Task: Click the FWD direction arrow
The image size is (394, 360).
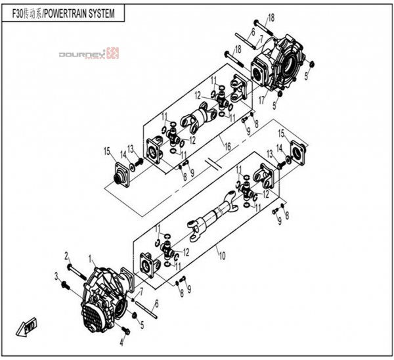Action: [26, 326]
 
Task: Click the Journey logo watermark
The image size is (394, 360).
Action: [89, 54]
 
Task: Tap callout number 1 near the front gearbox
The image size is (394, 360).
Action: [90, 258]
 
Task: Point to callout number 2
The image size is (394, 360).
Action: [66, 256]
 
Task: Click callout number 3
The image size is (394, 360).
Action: [56, 277]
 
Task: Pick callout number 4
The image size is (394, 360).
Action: [121, 342]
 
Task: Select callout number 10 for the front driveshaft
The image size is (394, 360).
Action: [222, 256]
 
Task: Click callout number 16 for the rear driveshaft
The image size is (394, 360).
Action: [227, 146]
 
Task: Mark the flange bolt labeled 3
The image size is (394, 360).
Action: [66, 286]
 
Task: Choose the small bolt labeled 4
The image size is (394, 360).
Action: [125, 331]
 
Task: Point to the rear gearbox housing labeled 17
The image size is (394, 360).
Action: [278, 63]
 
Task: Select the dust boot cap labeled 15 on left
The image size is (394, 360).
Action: [121, 175]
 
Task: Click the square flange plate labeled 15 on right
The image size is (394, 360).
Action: [298, 153]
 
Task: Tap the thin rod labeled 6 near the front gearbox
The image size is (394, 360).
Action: [146, 309]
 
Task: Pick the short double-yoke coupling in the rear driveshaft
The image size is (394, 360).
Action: [198, 118]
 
